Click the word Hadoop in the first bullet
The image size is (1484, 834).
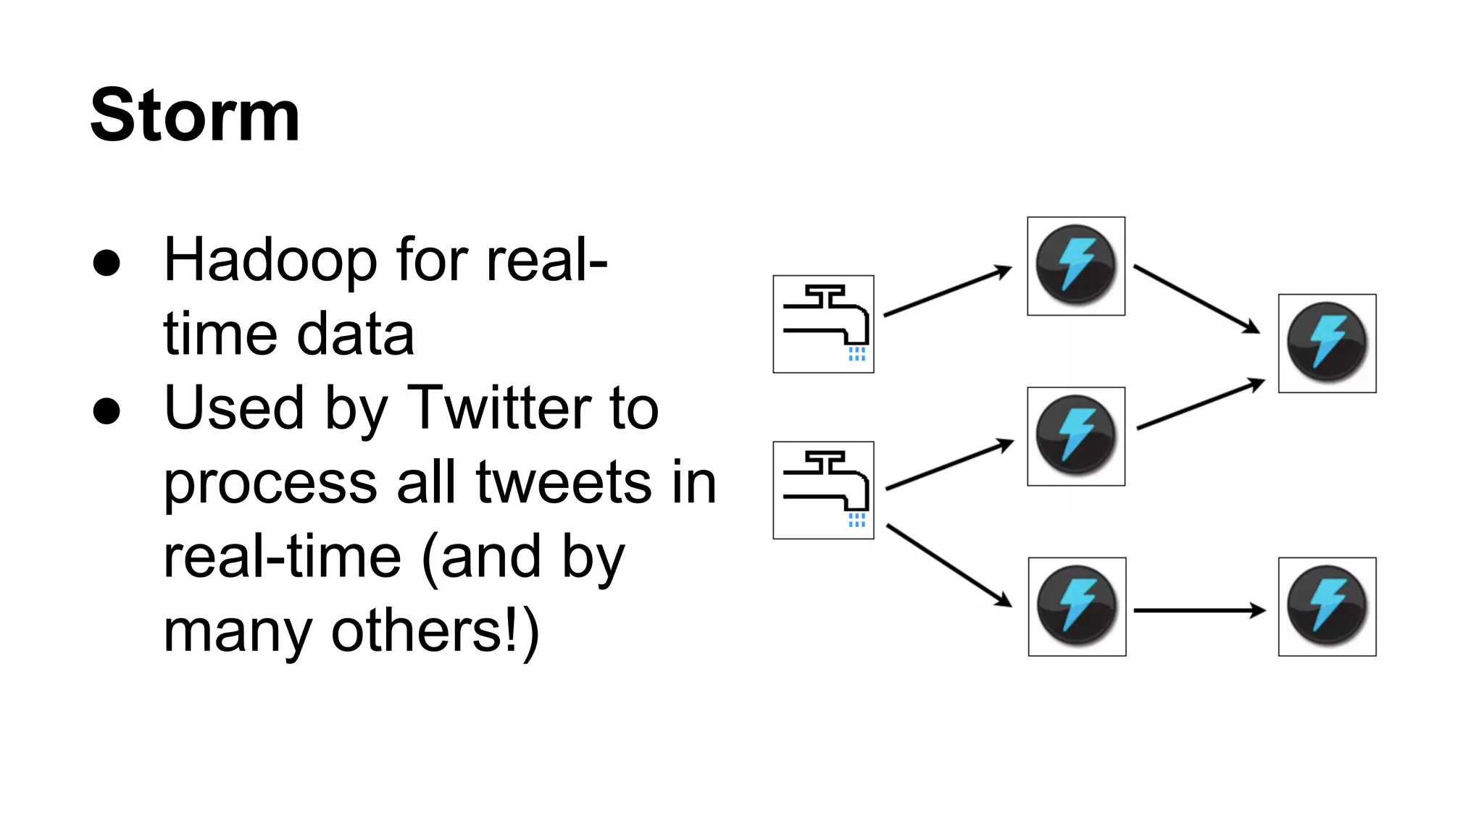click(270, 261)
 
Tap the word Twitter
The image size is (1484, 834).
click(499, 408)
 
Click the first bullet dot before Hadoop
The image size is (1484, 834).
click(107, 264)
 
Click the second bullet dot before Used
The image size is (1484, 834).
click(107, 411)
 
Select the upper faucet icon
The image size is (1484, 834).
click(823, 324)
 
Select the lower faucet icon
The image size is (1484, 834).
click(823, 490)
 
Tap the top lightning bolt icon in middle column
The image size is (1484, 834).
click(1076, 266)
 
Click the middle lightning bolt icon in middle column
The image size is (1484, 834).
click(1076, 436)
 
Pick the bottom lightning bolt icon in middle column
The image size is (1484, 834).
click(1077, 607)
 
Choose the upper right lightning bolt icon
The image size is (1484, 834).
click(1327, 343)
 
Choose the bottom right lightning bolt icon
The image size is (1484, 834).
click(1327, 607)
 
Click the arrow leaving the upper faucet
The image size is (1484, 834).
click(946, 292)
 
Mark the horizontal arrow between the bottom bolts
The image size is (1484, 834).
click(1199, 611)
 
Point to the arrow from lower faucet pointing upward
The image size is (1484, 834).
click(949, 465)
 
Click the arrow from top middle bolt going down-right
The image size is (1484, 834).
click(1196, 299)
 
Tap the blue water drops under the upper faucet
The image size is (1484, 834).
click(857, 354)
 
